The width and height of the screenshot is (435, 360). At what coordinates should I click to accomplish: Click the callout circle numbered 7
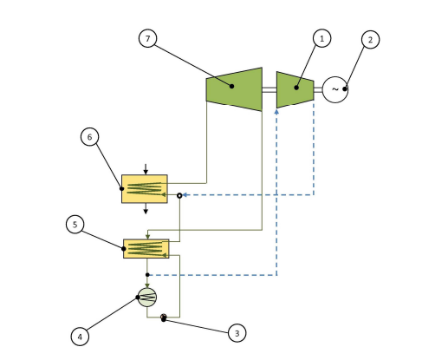[148, 38]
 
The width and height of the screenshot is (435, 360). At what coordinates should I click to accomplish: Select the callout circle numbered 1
[322, 38]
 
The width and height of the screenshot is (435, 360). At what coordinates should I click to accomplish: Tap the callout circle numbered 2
[371, 40]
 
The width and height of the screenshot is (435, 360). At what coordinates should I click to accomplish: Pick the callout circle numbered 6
[89, 137]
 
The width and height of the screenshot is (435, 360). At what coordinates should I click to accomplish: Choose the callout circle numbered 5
[75, 225]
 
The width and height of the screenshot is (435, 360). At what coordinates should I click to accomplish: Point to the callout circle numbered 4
[80, 337]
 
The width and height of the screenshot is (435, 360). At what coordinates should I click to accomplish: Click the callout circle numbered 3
[237, 333]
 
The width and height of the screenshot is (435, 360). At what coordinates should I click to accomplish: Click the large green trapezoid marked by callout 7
[234, 89]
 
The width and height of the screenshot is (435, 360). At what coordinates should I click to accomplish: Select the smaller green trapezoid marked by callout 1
[295, 89]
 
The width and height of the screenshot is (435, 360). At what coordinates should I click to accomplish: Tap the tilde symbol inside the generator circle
[335, 89]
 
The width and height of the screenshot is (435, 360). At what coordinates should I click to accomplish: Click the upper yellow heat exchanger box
[145, 189]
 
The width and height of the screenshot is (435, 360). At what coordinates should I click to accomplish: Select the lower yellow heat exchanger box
[146, 249]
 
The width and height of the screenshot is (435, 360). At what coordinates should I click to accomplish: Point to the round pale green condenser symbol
[147, 298]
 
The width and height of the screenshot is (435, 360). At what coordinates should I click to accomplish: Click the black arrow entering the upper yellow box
[146, 169]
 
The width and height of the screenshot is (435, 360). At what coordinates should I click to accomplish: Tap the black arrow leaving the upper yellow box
[146, 208]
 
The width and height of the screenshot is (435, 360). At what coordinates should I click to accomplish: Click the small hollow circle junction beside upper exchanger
[179, 196]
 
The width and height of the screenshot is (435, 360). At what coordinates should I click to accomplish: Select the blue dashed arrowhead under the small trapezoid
[276, 111]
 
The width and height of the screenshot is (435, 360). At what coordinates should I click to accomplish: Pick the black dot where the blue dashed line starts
[147, 275]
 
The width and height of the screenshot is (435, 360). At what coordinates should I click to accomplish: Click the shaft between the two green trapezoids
[269, 89]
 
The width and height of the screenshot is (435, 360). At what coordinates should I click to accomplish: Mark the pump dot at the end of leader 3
[164, 318]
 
